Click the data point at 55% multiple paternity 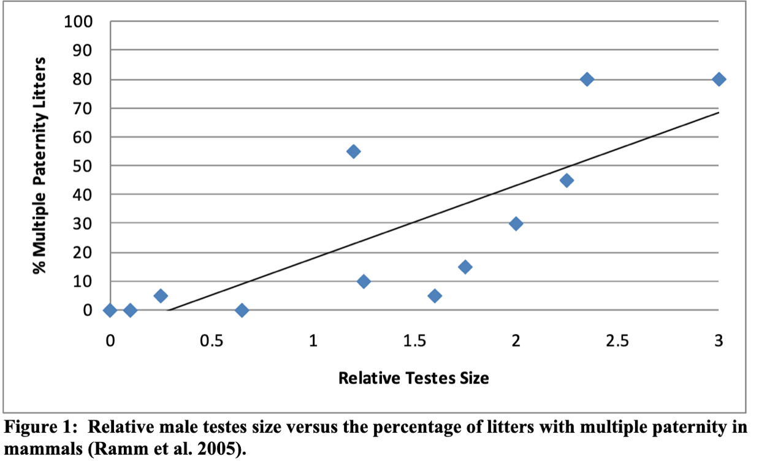coord(354,151)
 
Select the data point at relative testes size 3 coord(719,79)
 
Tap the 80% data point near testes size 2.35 coord(587,79)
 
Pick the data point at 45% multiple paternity coord(566,180)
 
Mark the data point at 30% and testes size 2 coord(516,224)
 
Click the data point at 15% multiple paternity coord(465,267)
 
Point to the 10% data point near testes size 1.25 coord(364,281)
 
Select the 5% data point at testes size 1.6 coord(435,296)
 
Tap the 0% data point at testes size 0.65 coord(242,310)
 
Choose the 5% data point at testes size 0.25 coord(161,296)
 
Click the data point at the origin coord(110,310)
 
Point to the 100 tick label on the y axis coord(78,22)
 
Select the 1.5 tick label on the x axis coord(414,341)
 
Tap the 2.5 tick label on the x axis coord(617,341)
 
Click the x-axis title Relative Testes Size coord(414,378)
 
